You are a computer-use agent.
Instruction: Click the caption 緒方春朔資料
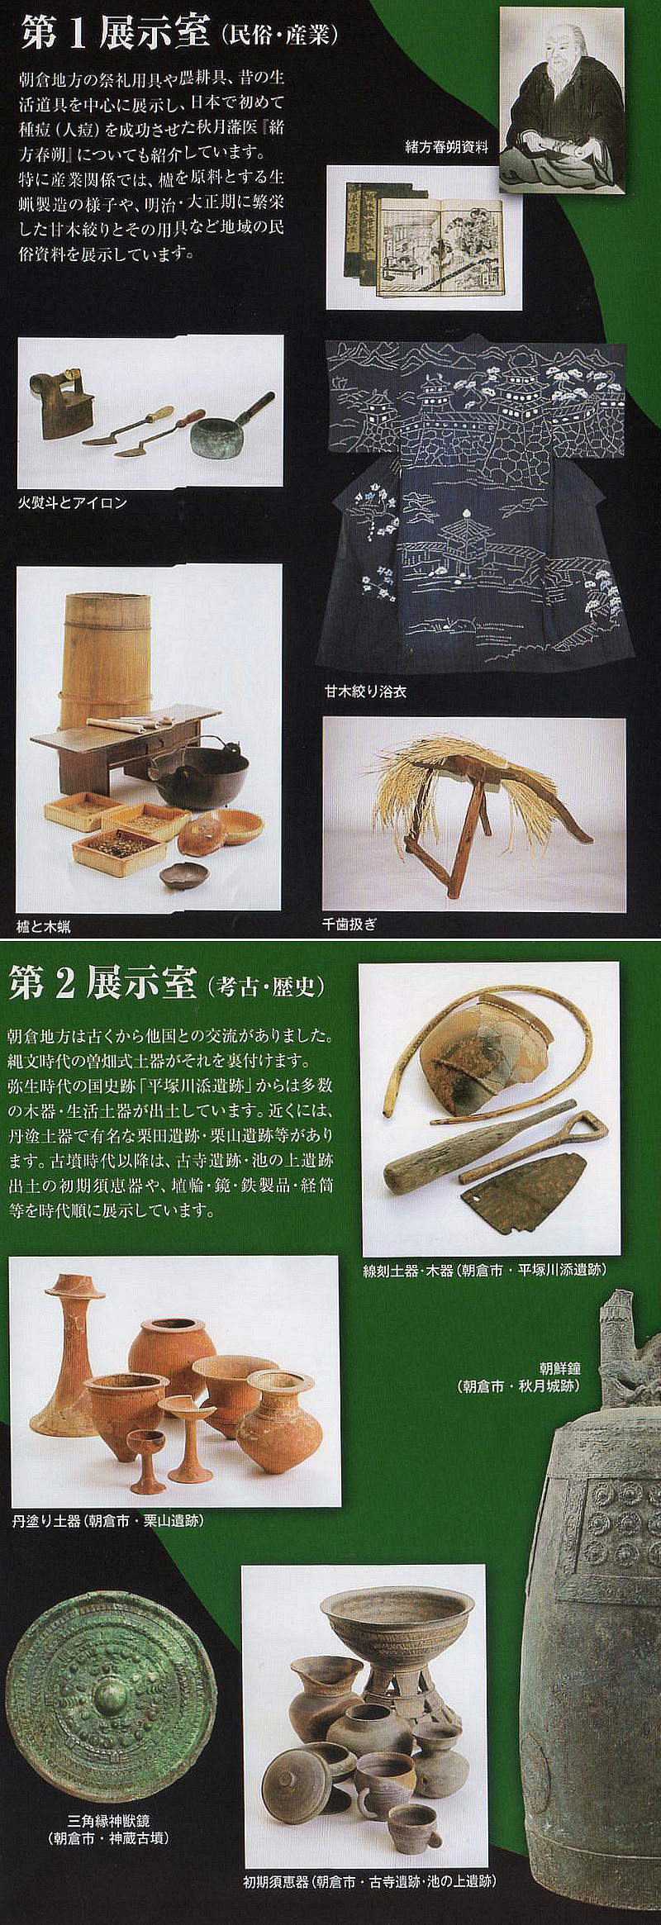[x=446, y=147]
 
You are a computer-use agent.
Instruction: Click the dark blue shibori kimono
[x=480, y=503]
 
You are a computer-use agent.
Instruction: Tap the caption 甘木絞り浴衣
[x=364, y=692]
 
